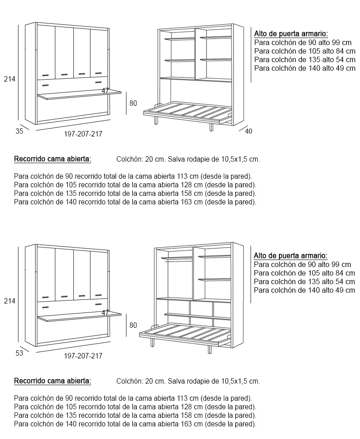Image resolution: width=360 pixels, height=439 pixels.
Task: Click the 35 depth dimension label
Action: point(19,131)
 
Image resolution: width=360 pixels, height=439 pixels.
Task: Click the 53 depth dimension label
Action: point(19,353)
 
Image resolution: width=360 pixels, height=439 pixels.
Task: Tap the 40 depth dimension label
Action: point(248,131)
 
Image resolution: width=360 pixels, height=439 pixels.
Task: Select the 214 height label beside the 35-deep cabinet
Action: point(9,79)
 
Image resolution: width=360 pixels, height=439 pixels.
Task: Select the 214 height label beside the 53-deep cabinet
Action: point(9,301)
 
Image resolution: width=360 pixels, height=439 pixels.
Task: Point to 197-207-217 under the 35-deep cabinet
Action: point(83,134)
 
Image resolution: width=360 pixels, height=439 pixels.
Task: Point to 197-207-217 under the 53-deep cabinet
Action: point(83,356)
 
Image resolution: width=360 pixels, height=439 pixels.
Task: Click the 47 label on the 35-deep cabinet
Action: point(105,91)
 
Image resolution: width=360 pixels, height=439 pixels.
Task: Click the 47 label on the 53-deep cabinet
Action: point(105,312)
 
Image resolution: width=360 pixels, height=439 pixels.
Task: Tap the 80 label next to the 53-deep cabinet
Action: point(133,325)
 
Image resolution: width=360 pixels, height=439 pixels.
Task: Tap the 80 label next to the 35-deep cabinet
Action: point(133,103)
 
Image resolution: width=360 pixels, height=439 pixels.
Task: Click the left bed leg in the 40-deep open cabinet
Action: point(156,121)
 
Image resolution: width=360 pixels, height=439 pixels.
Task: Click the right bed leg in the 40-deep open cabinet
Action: point(211,127)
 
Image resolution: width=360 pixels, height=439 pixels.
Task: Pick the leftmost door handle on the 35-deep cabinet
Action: point(45,75)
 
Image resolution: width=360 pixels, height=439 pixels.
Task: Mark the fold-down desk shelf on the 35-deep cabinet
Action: point(79,94)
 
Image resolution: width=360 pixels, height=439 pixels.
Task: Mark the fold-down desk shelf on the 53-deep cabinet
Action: point(79,317)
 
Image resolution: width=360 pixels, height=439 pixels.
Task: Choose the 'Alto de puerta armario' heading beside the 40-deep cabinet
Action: point(291,34)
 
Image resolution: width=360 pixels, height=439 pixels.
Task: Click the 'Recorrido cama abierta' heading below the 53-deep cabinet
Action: point(53,381)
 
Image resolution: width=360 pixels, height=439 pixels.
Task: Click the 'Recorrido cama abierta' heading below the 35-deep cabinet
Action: point(53,158)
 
